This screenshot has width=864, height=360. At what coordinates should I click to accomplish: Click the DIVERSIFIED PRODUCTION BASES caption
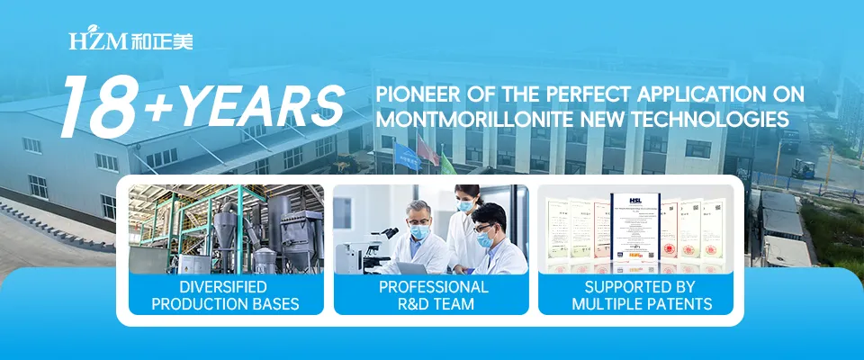(225, 295)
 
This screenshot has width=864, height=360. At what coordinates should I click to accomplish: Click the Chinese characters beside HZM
(161, 42)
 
